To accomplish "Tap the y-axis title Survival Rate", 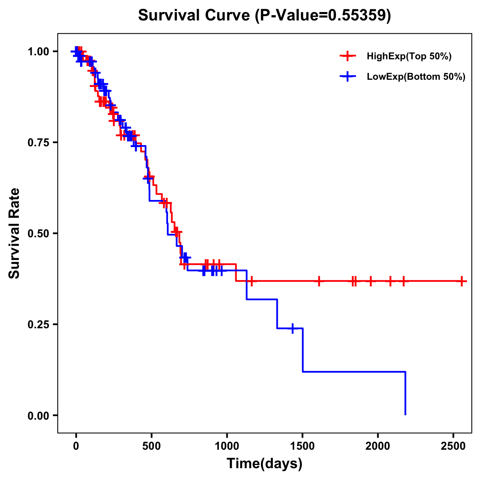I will coord(14,233).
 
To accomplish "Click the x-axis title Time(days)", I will coord(265,464).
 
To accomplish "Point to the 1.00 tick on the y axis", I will coord(38,51).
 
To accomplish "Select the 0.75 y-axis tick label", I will coord(38,142).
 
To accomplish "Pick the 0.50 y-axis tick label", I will coord(38,233).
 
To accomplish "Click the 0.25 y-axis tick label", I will coord(38,324).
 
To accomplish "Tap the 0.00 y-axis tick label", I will coord(38,415).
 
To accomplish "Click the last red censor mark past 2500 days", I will coord(462,281).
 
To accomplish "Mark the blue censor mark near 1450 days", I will coord(293,328).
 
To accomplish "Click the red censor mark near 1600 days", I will coord(319,281).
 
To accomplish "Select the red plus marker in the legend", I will coord(348,57).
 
